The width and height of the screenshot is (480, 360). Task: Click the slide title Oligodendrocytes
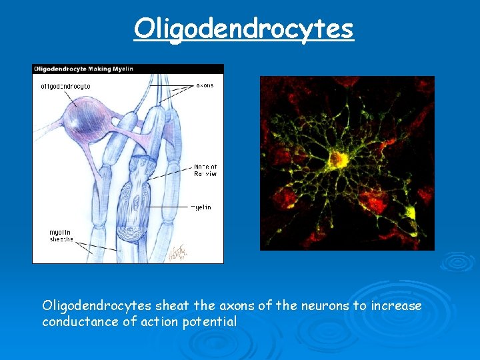(243, 28)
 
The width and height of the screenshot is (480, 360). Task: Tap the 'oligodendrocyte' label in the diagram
(65, 86)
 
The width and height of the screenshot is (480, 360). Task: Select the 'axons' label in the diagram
(205, 85)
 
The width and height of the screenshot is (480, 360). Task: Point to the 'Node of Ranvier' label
(205, 170)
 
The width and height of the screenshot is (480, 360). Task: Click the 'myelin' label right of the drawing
(201, 207)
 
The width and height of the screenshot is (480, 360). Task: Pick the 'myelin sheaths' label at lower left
(61, 236)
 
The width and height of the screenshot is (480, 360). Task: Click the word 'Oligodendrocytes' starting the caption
(97, 306)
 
